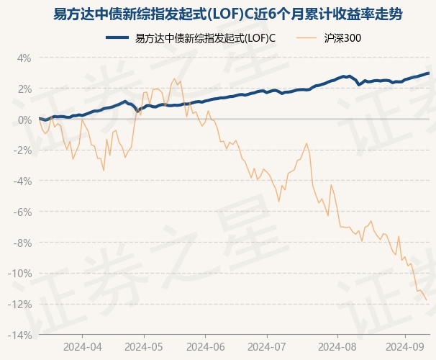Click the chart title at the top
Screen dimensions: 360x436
[217, 14]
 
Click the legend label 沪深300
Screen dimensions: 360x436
[342, 38]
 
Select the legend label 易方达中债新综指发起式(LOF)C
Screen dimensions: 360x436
[206, 38]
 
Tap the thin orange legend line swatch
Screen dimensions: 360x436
[304, 38]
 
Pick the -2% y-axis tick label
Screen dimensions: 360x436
[22, 150]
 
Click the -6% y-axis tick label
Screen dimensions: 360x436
[22, 212]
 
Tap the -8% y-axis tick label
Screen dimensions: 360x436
[22, 243]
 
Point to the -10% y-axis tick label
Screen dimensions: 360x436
[20, 274]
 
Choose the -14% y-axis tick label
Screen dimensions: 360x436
[20, 335]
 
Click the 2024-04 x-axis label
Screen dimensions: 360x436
[82, 346]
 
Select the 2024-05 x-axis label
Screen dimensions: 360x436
[144, 346]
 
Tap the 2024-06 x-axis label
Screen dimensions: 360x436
[206, 346]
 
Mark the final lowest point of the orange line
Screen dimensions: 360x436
[427, 300]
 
